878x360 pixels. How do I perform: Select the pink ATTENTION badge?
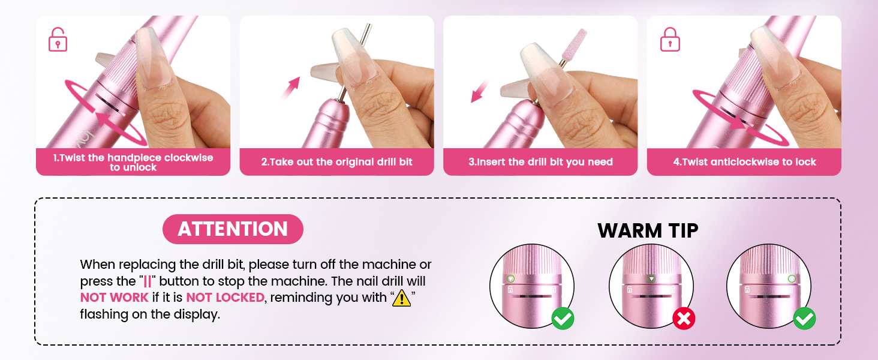click(233, 229)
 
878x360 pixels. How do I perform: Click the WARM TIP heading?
click(648, 230)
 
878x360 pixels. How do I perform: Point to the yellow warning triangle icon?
click(401, 298)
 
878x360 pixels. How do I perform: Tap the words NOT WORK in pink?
click(114, 298)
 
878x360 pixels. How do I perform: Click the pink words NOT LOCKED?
click(225, 298)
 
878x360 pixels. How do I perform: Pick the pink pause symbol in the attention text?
click(147, 281)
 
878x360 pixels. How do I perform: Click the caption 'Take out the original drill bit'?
click(336, 162)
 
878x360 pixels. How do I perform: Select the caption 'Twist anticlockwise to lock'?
click(744, 162)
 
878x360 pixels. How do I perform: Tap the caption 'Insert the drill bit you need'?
click(540, 162)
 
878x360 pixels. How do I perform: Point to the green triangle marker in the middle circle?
click(651, 279)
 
